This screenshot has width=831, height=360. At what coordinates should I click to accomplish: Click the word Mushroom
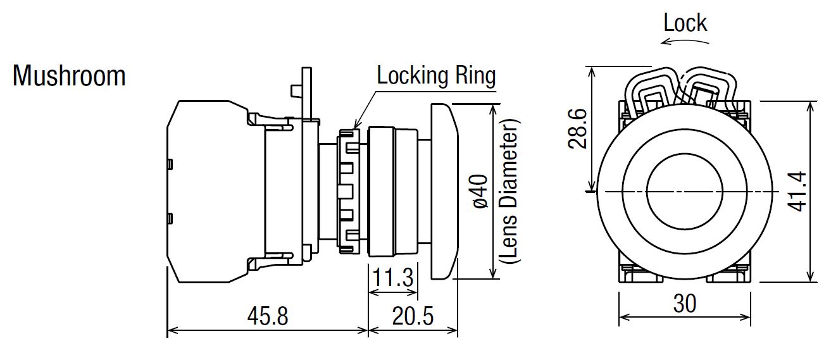click(x=69, y=76)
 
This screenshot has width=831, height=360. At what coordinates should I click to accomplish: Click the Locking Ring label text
click(x=436, y=75)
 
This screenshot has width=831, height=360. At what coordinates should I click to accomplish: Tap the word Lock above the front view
click(x=685, y=23)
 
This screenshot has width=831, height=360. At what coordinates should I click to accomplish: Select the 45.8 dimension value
click(x=266, y=315)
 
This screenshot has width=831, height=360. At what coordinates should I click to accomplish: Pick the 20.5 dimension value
click(x=412, y=315)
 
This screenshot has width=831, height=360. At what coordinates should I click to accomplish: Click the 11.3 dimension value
click(x=392, y=278)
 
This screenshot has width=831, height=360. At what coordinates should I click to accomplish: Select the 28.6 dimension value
click(x=577, y=128)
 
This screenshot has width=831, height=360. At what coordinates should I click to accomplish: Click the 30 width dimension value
click(x=684, y=303)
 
